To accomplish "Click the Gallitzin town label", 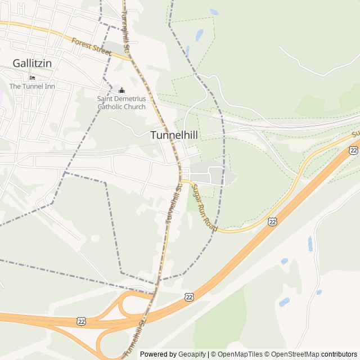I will tap(32, 63).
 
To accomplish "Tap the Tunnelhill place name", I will tap(173, 135).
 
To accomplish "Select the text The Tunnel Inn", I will tap(32, 87).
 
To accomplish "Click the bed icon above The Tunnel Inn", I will tap(32, 78).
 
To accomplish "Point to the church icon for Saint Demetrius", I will tap(121, 90).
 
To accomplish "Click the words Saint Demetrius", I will tap(121, 99).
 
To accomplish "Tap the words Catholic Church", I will tap(121, 107).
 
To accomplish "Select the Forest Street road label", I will tap(92, 46).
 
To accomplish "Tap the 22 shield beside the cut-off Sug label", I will tap(353, 150).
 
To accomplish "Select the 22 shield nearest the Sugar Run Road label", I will tap(273, 222).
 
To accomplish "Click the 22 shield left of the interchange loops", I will tap(82, 320).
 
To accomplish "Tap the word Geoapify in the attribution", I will tap(192, 354).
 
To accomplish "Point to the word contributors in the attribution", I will tap(339, 354).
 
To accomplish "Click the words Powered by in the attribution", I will tap(157, 354).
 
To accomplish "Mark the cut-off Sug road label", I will tap(355, 134).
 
